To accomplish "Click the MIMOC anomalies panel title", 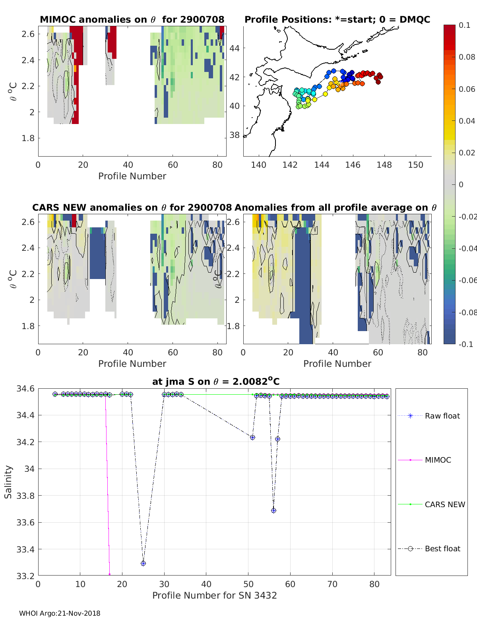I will [132, 19].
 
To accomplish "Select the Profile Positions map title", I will [337, 19].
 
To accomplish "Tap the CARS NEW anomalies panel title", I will [132, 207].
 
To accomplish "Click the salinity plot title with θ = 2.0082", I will [216, 382].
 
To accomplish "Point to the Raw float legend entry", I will [442, 416].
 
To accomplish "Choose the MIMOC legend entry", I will [438, 460].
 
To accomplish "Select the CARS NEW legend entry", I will [444, 504].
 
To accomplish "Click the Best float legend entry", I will [442, 548].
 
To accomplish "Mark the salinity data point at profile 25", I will [143, 563].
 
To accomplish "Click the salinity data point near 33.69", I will [273, 510].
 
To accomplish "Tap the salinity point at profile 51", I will [252, 437].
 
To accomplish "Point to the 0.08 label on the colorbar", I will [467, 57].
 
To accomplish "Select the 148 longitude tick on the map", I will [384, 165].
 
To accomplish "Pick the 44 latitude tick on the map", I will [235, 48].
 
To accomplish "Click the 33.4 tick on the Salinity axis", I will [25, 549].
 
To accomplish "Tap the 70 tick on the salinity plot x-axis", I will [332, 584].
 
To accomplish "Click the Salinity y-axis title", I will [8, 482].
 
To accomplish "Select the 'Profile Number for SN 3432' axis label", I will [214, 595].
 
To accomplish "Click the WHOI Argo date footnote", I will [60, 613].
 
